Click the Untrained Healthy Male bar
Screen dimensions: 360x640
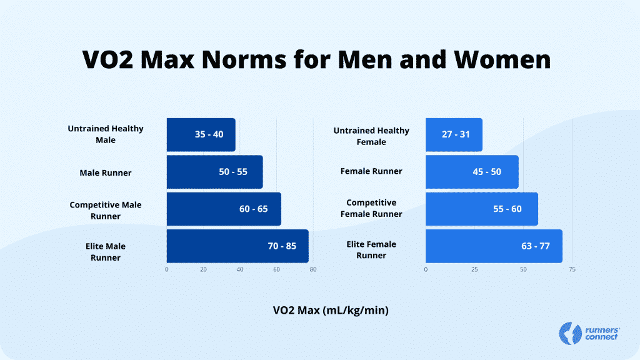(x=201, y=134)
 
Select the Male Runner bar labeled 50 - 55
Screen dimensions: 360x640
(x=214, y=172)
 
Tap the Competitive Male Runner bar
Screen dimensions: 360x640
(x=224, y=209)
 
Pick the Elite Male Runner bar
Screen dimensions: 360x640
(x=237, y=246)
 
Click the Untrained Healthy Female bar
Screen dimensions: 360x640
(x=454, y=134)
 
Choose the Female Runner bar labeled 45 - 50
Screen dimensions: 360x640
(x=472, y=172)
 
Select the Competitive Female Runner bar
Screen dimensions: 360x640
(x=481, y=209)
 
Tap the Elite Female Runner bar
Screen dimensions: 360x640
(x=494, y=246)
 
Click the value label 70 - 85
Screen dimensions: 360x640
(x=282, y=246)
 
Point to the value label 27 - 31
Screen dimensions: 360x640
(x=456, y=134)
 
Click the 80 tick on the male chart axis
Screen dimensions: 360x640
(x=312, y=269)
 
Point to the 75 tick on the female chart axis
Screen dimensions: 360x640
(x=572, y=269)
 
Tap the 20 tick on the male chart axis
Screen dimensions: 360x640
(x=203, y=269)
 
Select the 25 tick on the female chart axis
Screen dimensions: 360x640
(x=474, y=269)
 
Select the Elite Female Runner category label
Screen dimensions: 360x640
(x=371, y=250)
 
